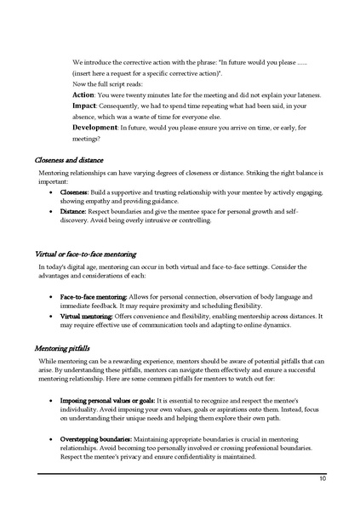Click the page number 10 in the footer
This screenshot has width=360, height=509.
323,479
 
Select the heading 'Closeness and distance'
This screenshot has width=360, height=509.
70,159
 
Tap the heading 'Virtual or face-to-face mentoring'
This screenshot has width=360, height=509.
86,254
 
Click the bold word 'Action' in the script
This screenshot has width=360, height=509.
83,94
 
